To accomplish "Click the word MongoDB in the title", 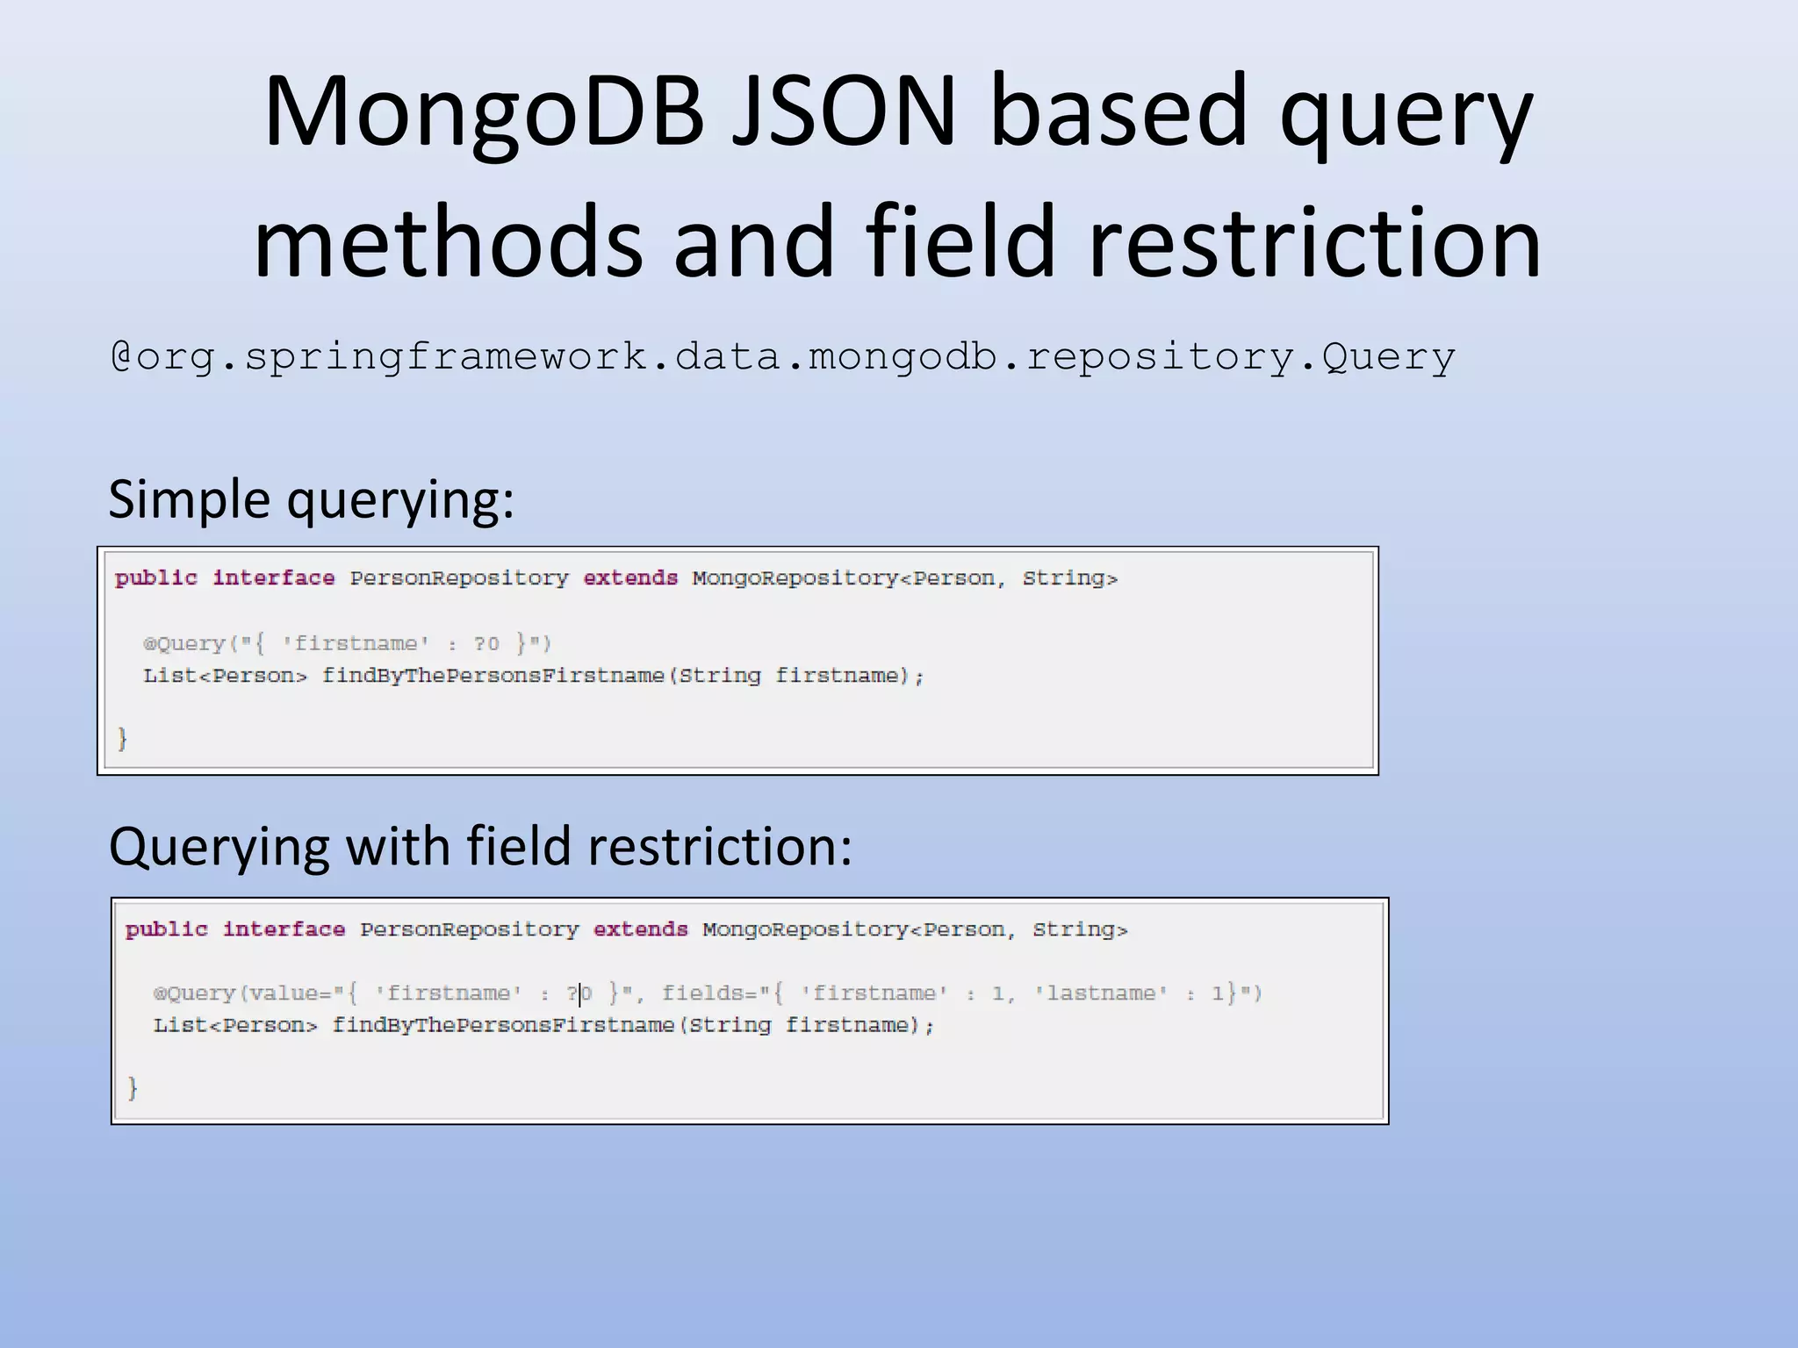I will [x=484, y=112].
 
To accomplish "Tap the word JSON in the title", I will [x=843, y=112].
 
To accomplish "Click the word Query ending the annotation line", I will [x=1389, y=357].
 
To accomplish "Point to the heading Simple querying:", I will [x=311, y=499].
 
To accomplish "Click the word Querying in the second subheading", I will [x=219, y=847].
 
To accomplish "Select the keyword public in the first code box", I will [x=156, y=577].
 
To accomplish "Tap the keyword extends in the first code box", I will [x=630, y=577].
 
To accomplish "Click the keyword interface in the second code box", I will [x=284, y=929].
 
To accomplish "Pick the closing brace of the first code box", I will [x=123, y=738].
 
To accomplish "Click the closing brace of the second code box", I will [x=133, y=1088].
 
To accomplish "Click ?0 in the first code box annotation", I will [x=486, y=644].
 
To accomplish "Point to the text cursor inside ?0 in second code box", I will [x=580, y=993].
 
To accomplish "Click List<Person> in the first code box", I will [x=226, y=676].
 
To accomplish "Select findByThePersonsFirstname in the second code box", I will [x=503, y=1025].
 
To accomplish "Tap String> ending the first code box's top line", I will [x=1069, y=577].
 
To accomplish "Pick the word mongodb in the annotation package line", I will [x=903, y=357].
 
